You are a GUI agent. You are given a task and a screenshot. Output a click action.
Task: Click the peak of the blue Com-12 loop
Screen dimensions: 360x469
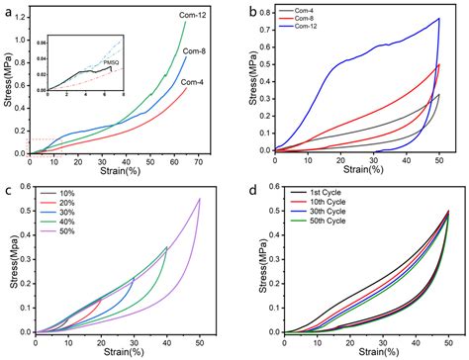438,18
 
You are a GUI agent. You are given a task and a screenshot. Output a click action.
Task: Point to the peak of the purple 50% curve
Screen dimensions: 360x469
200,199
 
